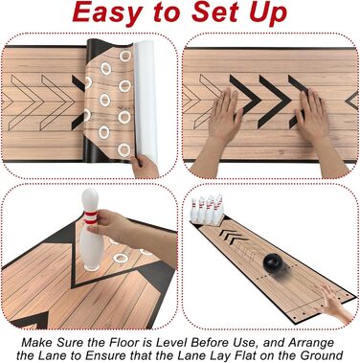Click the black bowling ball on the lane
pyautogui.click(x=273, y=262)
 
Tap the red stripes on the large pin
pyautogui.click(x=90, y=217)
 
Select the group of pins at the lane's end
pyautogui.click(x=207, y=210)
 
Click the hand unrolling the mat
pyautogui.click(x=145, y=167)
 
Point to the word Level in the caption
pyautogui.click(x=170, y=343)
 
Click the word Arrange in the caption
pyautogui.click(x=311, y=344)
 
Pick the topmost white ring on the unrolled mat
pyautogui.click(x=125, y=56)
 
